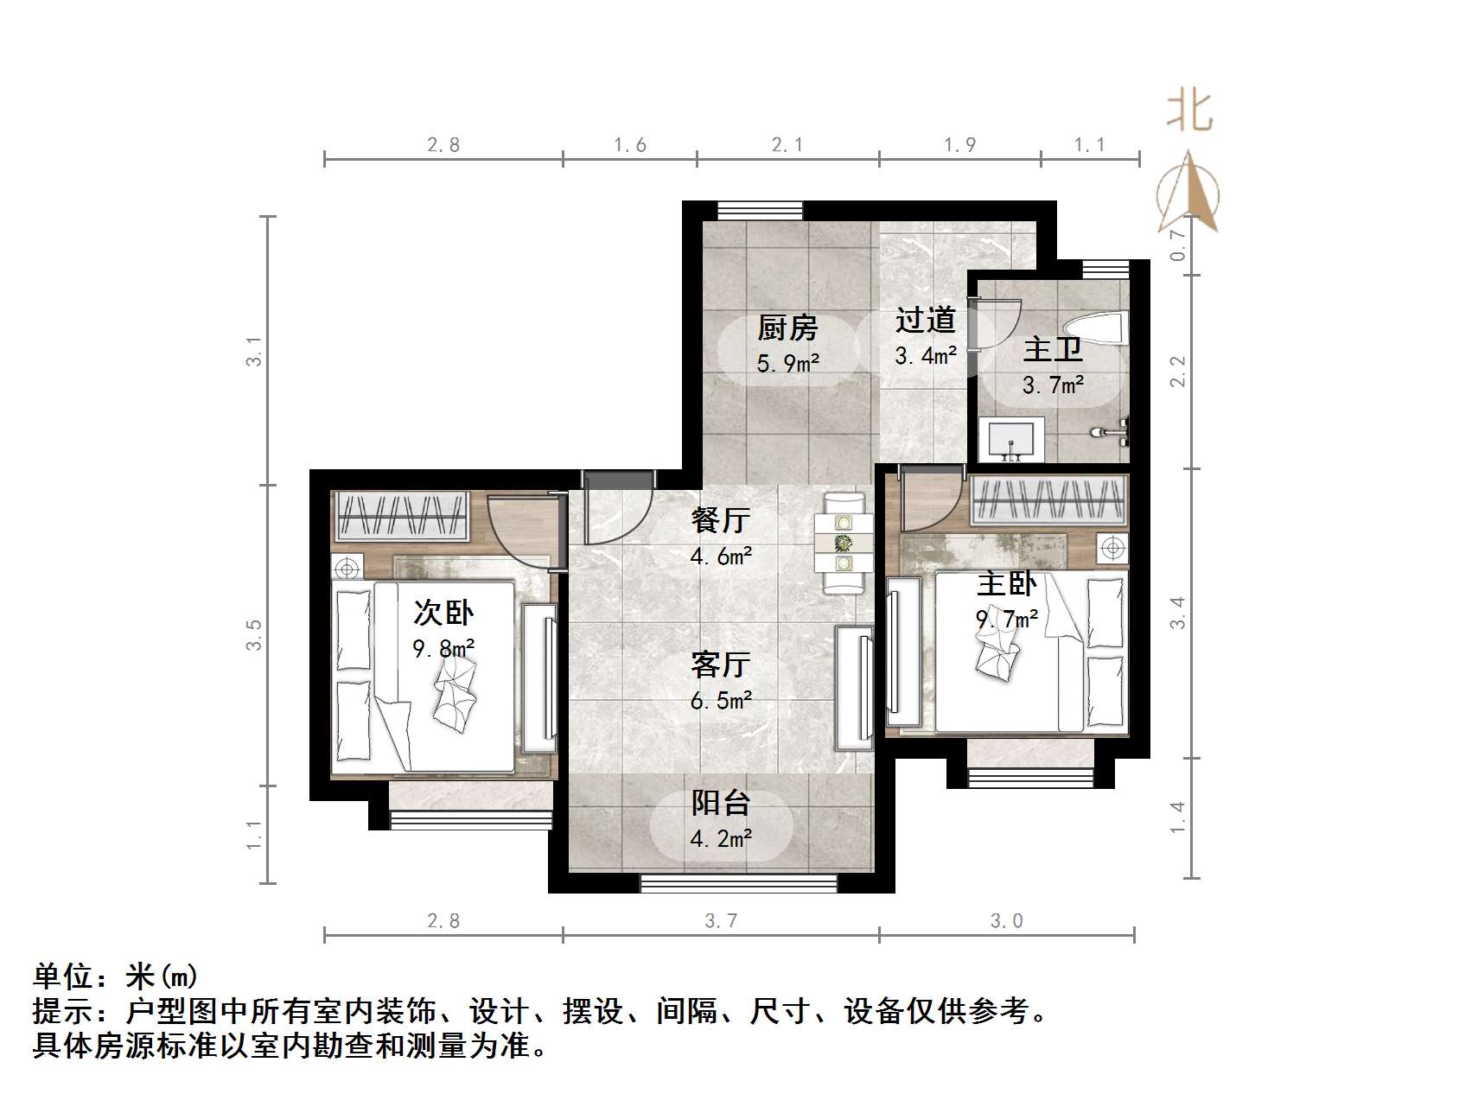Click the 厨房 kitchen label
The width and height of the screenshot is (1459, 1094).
tap(787, 328)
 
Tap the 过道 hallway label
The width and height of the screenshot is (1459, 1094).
tap(925, 320)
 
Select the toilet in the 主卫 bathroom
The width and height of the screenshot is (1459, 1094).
tap(1096, 329)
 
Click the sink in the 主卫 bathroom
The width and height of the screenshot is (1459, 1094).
tap(1011, 439)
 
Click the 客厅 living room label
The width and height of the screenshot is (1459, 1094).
tap(720, 665)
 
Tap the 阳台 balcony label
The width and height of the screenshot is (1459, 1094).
tap(720, 803)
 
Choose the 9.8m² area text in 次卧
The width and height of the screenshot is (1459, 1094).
tap(443, 648)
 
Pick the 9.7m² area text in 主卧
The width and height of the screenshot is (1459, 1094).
tap(1007, 619)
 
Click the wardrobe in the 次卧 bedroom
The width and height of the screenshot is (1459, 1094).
tap(402, 517)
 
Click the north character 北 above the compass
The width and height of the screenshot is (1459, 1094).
tap(1189, 111)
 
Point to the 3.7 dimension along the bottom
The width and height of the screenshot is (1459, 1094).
tap(720, 921)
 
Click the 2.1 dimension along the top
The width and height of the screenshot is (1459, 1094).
tap(787, 145)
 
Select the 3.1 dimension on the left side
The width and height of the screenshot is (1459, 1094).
tap(253, 351)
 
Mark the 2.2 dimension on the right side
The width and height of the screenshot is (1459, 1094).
tap(1178, 372)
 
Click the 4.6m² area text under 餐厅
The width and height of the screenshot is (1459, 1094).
tap(720, 556)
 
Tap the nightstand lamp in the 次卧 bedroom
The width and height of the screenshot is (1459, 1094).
tap(347, 569)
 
